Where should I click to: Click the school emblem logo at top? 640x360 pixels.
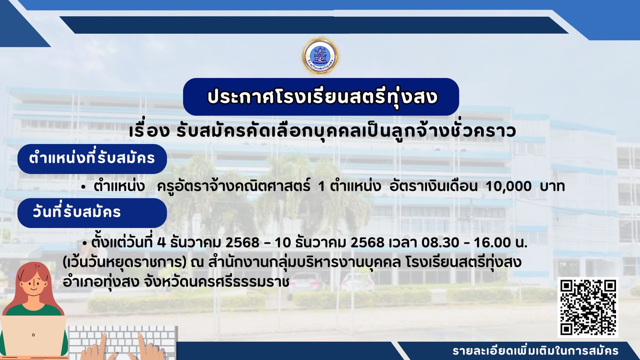[320, 56]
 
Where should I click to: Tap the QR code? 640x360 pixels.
[588, 307]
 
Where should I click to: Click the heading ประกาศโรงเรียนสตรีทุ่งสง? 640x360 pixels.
[322, 97]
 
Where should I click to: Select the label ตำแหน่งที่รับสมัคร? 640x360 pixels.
[92, 158]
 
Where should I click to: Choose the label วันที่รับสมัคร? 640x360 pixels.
[77, 212]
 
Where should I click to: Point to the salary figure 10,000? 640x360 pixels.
[509, 187]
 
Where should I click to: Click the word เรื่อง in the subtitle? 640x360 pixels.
[150, 132]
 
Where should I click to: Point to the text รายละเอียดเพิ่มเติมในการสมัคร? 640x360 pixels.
[535, 351]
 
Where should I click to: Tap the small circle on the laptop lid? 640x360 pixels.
[33, 335]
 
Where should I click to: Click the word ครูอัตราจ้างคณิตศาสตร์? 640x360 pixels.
[234, 187]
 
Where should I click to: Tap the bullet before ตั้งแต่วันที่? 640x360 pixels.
[84, 243]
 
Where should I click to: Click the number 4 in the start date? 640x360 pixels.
[161, 243]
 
